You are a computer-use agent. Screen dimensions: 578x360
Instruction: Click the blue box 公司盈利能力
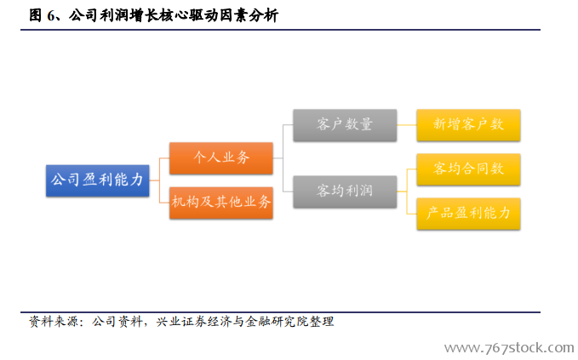point(98,180)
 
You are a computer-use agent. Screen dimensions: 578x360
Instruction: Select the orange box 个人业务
point(221,158)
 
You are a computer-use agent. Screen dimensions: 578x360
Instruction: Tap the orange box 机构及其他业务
point(221,203)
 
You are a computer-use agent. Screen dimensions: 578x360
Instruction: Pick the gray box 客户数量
point(345,125)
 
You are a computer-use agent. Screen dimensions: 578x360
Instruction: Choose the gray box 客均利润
point(345,191)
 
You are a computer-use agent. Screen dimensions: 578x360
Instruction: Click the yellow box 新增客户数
point(468,125)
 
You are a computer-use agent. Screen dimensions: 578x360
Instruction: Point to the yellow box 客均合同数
point(468,169)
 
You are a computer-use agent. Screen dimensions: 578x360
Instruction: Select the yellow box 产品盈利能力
point(468,214)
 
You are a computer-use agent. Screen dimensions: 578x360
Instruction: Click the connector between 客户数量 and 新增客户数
point(407,125)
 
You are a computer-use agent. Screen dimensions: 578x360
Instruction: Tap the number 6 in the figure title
point(50,16)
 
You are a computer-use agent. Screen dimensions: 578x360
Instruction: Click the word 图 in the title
point(36,15)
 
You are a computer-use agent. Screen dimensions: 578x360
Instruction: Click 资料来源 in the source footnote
point(54,322)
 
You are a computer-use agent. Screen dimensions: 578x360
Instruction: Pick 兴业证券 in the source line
point(181,322)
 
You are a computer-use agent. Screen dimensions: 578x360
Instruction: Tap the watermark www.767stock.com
point(509,348)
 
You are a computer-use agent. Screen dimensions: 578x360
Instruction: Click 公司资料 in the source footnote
point(117,322)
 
